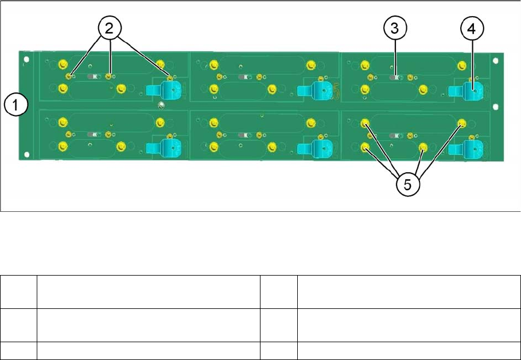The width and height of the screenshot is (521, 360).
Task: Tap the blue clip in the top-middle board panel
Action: coord(317,90)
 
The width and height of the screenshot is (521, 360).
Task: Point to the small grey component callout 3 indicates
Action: coord(395,76)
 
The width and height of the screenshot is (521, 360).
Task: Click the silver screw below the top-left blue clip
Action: coord(162,105)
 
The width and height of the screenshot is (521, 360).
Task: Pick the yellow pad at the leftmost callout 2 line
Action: coord(69,76)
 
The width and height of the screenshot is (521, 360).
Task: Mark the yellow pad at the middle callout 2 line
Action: coord(108,76)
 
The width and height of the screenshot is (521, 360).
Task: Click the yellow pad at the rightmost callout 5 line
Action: coord(462,123)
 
